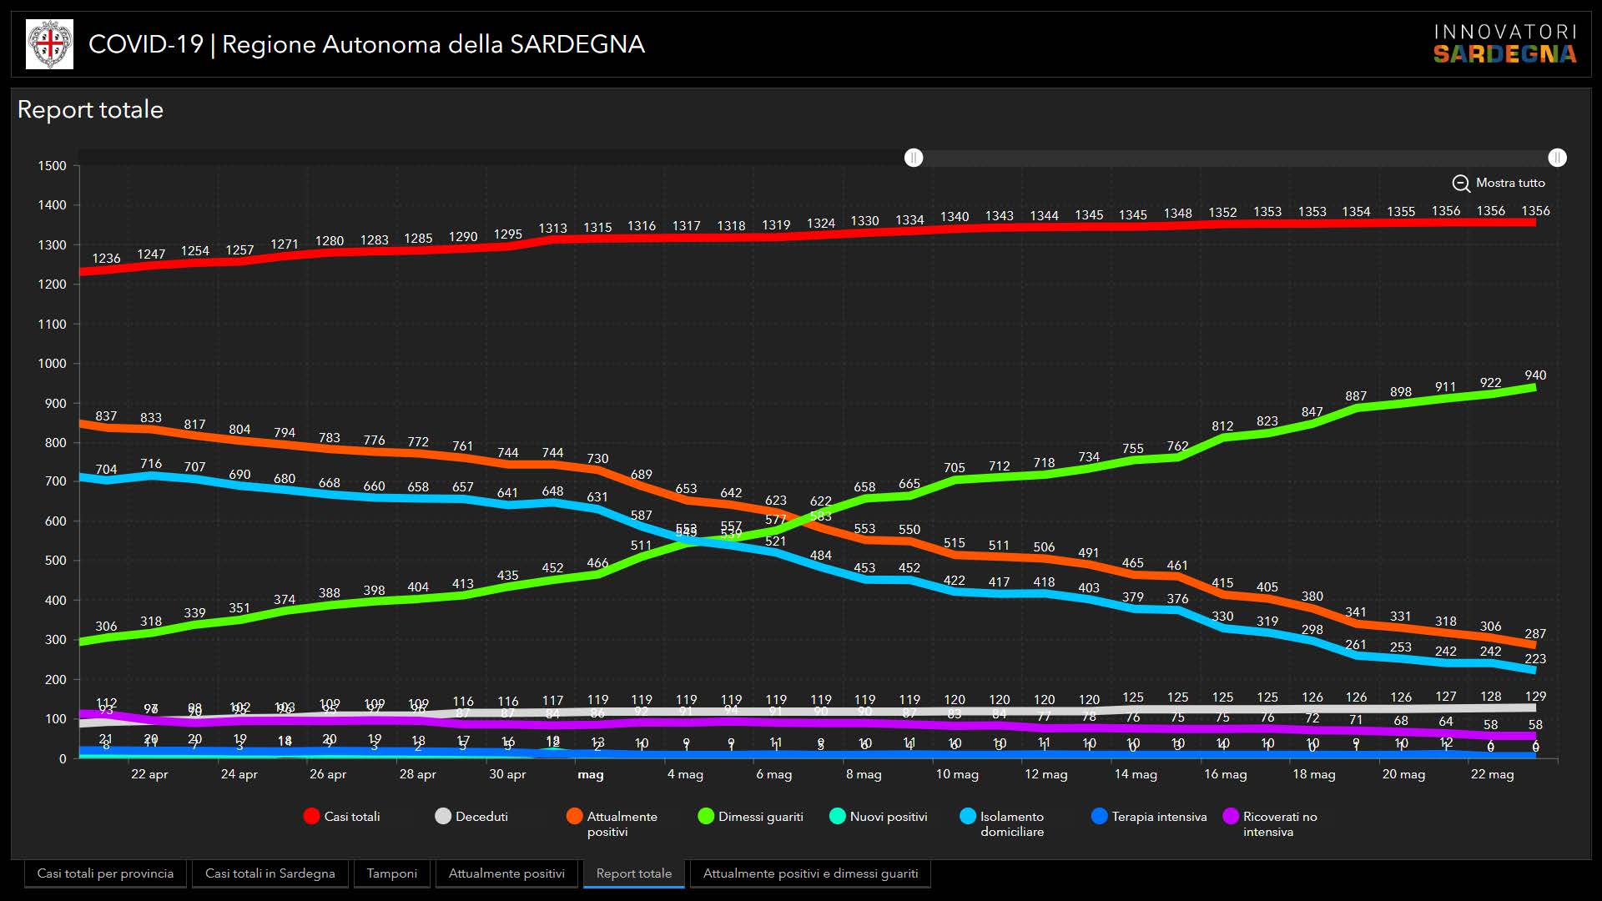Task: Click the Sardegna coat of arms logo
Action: click(50, 44)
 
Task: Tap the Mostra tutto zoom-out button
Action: click(1499, 184)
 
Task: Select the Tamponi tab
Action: click(391, 873)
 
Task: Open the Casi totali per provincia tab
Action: click(105, 873)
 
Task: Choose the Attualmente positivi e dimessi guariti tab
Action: click(810, 873)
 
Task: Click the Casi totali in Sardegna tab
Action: click(270, 873)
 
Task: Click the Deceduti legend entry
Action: click(471, 817)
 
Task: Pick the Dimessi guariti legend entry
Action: click(750, 817)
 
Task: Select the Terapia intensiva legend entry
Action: click(1149, 817)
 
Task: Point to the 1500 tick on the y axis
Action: click(52, 166)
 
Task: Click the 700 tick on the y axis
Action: click(55, 481)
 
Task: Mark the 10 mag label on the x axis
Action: click(957, 774)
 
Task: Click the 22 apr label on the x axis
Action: click(149, 774)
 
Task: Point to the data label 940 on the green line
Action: click(1535, 375)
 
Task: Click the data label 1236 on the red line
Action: click(106, 259)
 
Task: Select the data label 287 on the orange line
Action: click(1535, 634)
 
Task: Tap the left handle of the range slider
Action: click(914, 158)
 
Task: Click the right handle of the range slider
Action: click(1557, 158)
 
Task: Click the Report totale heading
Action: click(90, 110)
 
